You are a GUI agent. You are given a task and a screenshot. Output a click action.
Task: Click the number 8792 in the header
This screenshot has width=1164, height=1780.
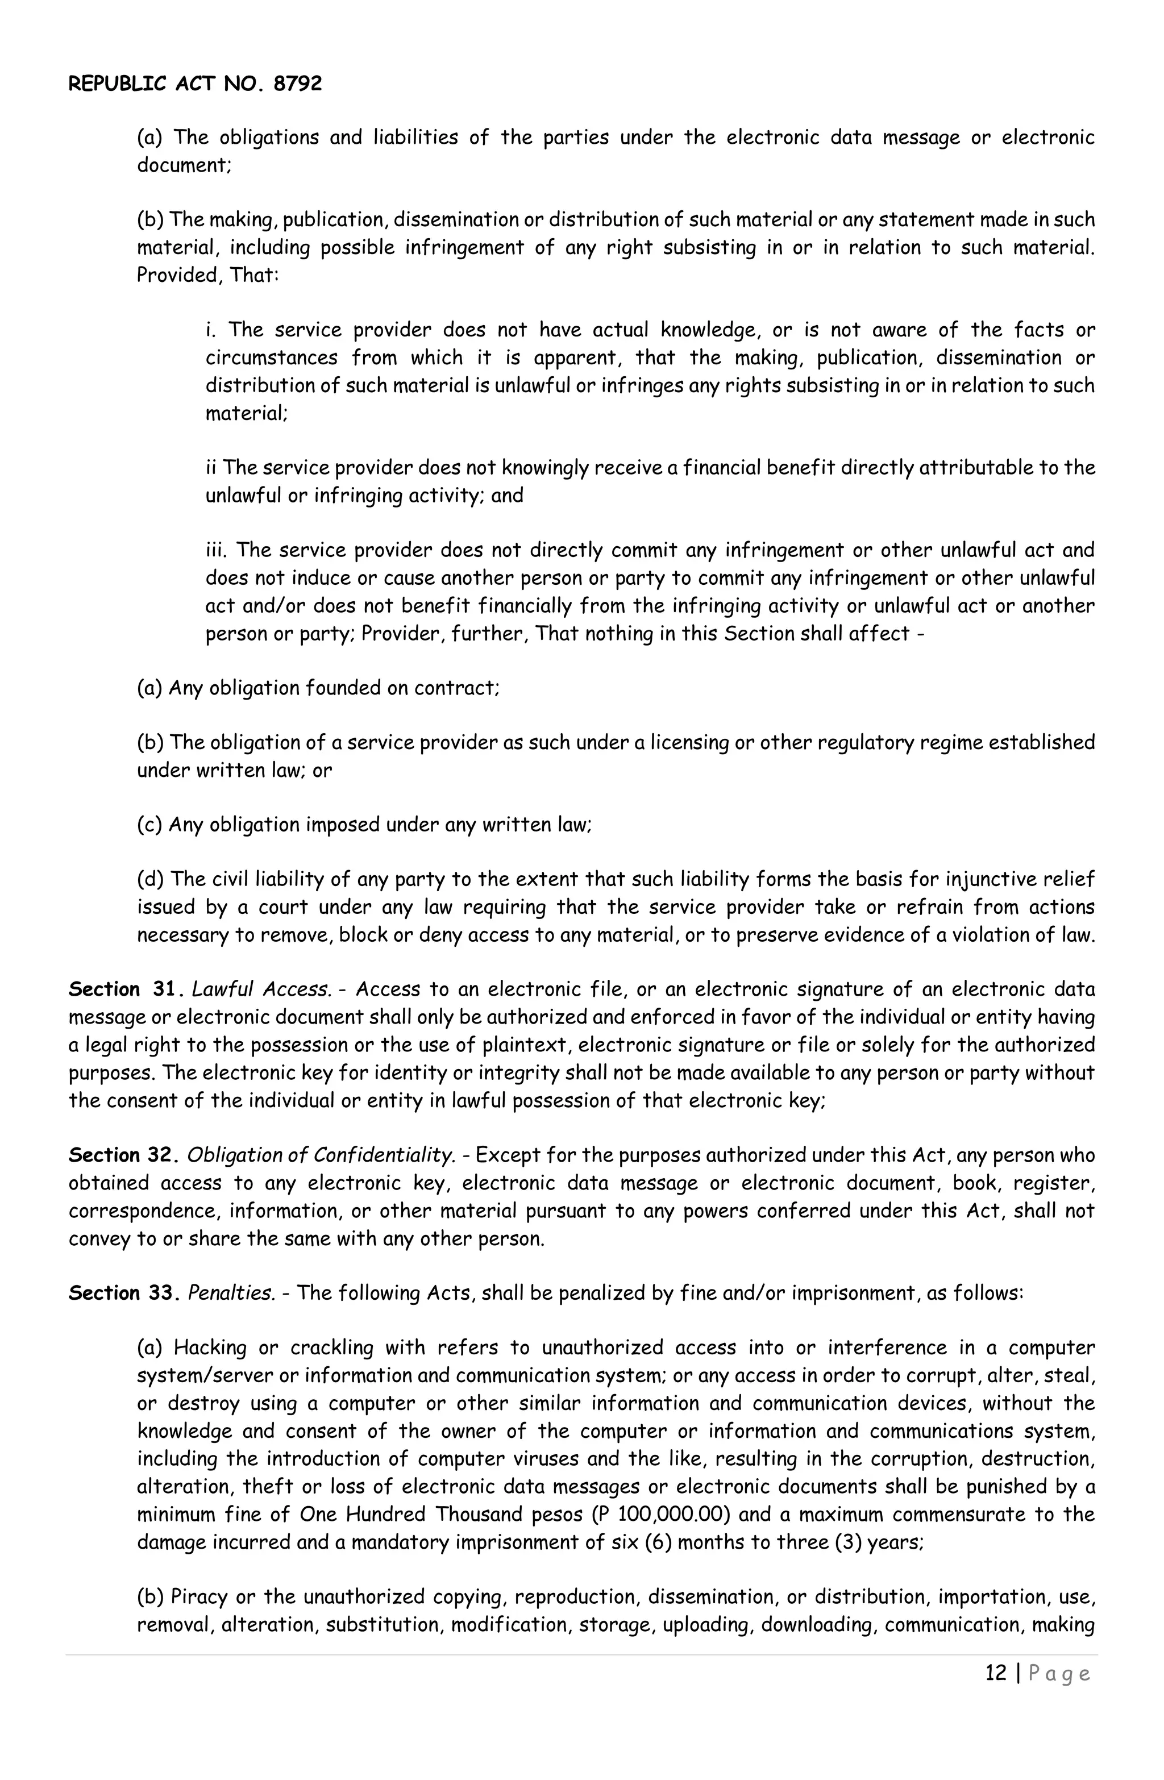click(297, 84)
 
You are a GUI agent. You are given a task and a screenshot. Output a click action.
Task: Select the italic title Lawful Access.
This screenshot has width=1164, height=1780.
click(261, 989)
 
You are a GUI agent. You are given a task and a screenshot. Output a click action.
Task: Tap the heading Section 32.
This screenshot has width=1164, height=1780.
click(123, 1155)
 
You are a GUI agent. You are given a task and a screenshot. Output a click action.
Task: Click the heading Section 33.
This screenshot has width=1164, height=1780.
click(123, 1293)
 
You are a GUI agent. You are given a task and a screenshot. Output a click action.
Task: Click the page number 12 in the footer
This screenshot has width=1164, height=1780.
click(996, 1673)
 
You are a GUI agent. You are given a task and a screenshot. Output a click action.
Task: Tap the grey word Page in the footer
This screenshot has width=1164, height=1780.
click(1060, 1674)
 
